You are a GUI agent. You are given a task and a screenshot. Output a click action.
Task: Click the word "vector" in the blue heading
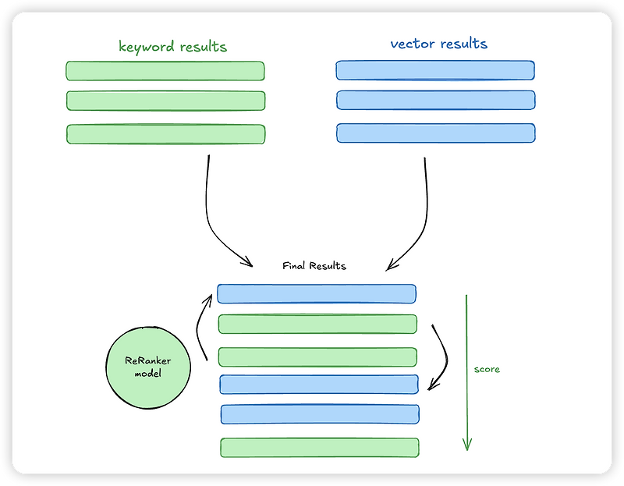coord(412,44)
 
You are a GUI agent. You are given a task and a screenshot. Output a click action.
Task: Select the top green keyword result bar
coord(165,71)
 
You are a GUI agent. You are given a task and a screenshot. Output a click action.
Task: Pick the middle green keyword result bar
coord(165,101)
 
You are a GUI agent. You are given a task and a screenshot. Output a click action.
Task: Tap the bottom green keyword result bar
coord(165,134)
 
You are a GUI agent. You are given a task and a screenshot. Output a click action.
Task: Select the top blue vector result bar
coord(435,70)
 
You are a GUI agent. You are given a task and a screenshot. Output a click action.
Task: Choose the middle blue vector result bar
coord(435,100)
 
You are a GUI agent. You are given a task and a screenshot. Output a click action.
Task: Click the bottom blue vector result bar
coord(435,133)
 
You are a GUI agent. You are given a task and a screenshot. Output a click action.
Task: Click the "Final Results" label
coord(314,266)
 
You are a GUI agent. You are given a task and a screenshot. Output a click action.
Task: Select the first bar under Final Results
coord(316,293)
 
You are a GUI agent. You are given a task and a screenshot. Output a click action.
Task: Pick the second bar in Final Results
coord(317,324)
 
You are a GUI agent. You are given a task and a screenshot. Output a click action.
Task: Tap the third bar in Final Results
coord(317,357)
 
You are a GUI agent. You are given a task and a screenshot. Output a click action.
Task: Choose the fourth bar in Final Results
coord(318,384)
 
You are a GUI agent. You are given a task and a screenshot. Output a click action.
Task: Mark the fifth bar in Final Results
coord(319,414)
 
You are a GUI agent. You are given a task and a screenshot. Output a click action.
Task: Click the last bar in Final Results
coord(319,447)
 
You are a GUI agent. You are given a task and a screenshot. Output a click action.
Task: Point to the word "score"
coord(487,369)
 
